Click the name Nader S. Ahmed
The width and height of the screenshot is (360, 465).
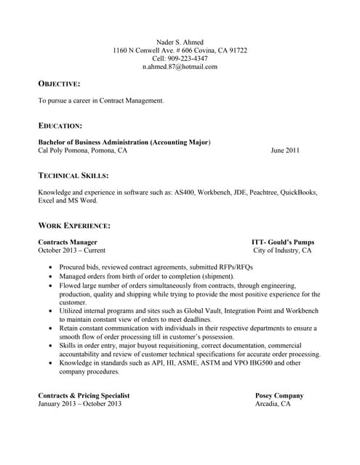click(x=180, y=41)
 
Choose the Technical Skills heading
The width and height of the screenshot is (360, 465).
click(x=73, y=176)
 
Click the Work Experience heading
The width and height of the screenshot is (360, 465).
click(x=74, y=226)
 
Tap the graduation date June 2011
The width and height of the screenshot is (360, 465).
click(x=284, y=151)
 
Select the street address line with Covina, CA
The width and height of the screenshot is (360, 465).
click(x=180, y=49)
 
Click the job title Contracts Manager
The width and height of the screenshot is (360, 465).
click(x=68, y=241)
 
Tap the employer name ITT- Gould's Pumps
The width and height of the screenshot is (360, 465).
click(x=283, y=241)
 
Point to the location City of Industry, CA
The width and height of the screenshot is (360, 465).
click(x=282, y=250)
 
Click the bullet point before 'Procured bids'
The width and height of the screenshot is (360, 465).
click(x=49, y=267)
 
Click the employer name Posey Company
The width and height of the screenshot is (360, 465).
click(x=279, y=395)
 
